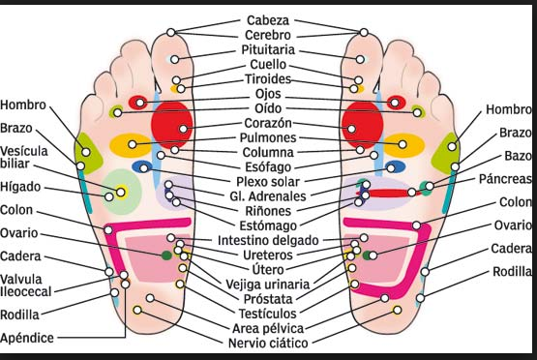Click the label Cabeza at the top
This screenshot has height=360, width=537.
pos(267,19)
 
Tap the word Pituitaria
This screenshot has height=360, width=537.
pos(270,49)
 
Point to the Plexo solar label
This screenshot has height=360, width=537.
pos(269,181)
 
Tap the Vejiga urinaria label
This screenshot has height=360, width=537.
pos(265,285)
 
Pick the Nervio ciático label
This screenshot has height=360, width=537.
pos(268,344)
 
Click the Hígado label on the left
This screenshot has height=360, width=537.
pos(19,187)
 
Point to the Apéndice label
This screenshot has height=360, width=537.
pos(28,339)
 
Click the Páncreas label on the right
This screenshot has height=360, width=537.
pos(505,180)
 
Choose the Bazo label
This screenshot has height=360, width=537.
pos(516,156)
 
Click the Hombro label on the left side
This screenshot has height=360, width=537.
pos(24,105)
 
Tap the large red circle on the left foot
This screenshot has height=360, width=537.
pos(173,124)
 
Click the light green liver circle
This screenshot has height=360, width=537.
pos(120,191)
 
